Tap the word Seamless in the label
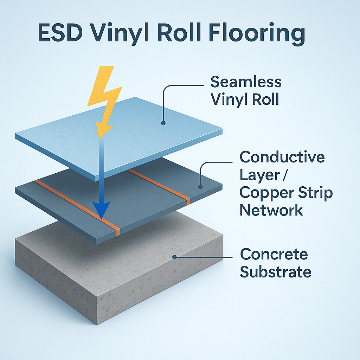pos(246,82)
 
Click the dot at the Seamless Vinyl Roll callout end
pos(163,123)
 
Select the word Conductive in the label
pos(282,157)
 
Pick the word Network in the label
pos(271,210)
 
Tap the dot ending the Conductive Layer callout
pos(200,186)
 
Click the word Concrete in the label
pos(274,254)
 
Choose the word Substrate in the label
pos(276,272)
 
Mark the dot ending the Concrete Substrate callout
pos(175,257)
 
